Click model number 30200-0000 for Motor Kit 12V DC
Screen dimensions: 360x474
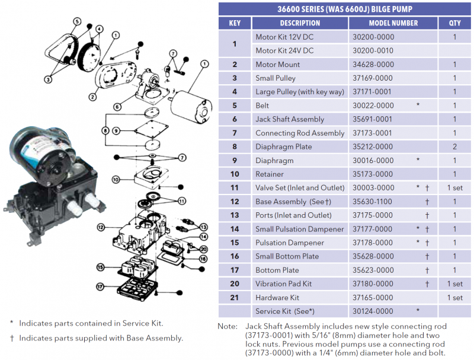[x=373, y=37]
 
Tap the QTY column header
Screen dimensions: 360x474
[x=454, y=23]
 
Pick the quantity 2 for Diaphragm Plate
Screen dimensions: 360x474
[x=454, y=146]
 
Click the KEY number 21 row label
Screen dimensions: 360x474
[x=235, y=298]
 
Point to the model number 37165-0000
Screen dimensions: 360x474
[x=373, y=298]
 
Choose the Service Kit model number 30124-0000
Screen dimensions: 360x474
[x=373, y=311]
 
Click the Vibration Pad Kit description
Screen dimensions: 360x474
[x=283, y=284]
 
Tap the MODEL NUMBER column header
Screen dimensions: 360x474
[x=393, y=23]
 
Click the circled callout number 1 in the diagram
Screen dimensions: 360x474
[x=204, y=64]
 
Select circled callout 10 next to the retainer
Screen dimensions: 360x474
[x=116, y=179]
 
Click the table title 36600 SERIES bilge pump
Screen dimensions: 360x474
[x=345, y=9]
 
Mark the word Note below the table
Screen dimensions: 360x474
[x=227, y=326]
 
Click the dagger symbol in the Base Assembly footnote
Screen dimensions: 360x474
[x=11, y=338]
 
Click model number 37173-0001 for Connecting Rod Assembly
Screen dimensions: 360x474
[x=373, y=133]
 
